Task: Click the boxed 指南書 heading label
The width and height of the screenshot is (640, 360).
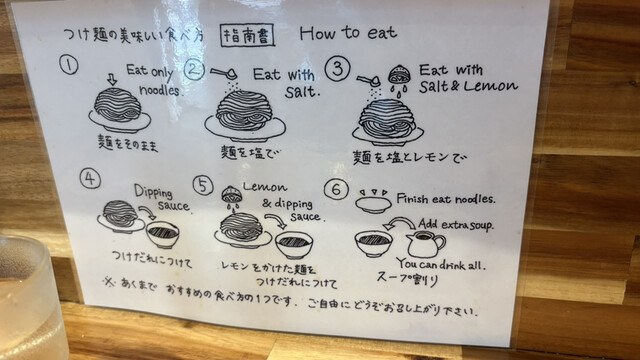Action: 247,36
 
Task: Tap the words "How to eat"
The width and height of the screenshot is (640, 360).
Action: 348,33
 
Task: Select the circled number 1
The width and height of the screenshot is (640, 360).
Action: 69,64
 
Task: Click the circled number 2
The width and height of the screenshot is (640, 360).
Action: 194,69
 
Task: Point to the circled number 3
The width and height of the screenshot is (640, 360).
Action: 338,69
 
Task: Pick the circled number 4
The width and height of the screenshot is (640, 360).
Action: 90,179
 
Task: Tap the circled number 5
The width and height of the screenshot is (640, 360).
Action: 203,186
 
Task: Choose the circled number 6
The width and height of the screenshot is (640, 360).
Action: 336,189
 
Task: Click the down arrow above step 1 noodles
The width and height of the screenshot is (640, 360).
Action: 111,79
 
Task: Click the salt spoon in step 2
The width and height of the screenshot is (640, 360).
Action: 224,73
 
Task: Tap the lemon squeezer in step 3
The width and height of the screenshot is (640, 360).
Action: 396,76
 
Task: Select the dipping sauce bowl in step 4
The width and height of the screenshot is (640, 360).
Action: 162,234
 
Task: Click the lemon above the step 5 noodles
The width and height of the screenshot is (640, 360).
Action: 231,194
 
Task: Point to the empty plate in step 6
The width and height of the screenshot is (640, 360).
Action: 372,204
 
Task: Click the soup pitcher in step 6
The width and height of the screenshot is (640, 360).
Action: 425,244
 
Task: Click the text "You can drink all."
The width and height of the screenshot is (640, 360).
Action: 441,265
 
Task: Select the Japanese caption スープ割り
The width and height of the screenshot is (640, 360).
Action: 407,279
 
